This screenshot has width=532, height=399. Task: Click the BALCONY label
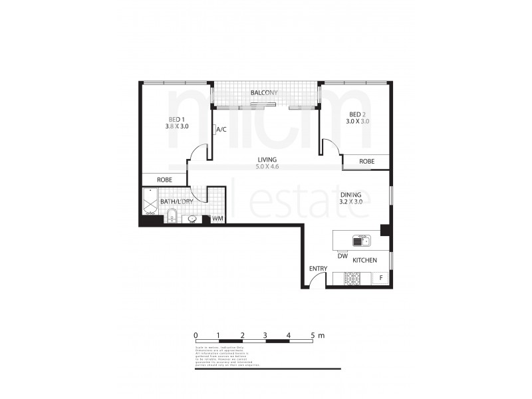coord(264,93)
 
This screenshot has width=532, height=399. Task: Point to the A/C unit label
coord(221,130)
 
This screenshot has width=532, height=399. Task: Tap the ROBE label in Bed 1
coord(166,180)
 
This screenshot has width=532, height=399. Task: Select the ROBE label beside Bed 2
coord(366,162)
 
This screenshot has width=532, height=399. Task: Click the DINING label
coord(350,194)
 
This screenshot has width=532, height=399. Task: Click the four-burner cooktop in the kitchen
coord(352,278)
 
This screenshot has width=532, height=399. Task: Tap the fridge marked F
coord(380,278)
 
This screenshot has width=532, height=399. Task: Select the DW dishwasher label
coord(342,256)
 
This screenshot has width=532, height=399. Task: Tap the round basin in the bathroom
coord(192,219)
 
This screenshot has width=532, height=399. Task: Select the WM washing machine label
coord(217,218)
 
